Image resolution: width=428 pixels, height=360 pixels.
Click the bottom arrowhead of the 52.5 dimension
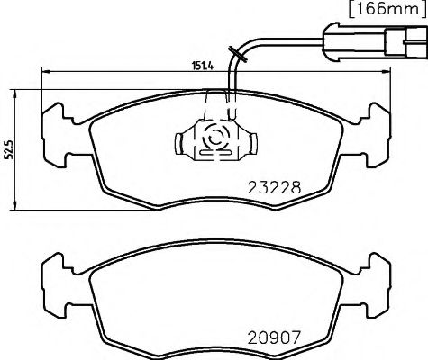tap(20, 209)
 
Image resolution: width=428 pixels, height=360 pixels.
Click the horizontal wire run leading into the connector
tap(288, 40)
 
